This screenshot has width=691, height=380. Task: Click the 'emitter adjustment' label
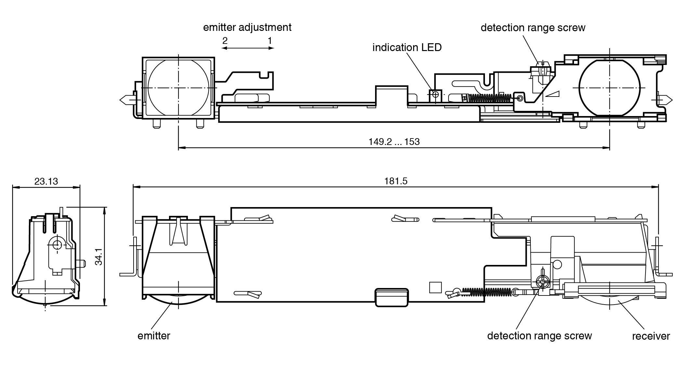[x=247, y=27]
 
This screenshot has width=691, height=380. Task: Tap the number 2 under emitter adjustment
[x=225, y=41]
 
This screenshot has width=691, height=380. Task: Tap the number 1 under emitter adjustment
[x=269, y=41]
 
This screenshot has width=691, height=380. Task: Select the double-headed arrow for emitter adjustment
[x=247, y=48]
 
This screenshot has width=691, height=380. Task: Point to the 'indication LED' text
[x=407, y=47]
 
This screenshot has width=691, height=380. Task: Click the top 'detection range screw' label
[x=533, y=28]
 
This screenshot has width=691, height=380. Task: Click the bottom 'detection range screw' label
[x=539, y=336]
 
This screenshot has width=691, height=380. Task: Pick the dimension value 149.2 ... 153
[x=394, y=142]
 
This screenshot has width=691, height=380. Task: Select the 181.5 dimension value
[x=396, y=181]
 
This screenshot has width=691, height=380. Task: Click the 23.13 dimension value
[x=46, y=181]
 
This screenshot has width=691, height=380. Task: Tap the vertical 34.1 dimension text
[x=98, y=256]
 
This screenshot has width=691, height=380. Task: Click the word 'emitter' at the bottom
[x=154, y=336]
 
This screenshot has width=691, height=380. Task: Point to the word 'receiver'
[x=651, y=336]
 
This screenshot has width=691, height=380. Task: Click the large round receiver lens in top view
[x=609, y=88]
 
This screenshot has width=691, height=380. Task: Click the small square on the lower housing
[x=435, y=287]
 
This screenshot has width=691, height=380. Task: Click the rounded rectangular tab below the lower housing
[x=392, y=297]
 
